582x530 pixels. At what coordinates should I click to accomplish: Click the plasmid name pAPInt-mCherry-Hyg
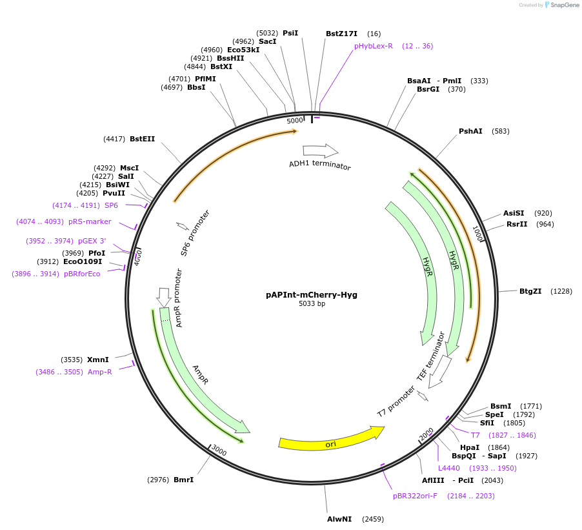click(311, 294)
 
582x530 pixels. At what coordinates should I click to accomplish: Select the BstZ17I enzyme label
click(341, 34)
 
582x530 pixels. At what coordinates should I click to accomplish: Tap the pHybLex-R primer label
click(373, 46)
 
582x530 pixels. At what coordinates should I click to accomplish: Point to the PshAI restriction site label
click(470, 131)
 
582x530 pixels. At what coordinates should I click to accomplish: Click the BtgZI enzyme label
click(530, 291)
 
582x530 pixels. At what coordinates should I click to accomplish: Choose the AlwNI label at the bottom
click(339, 519)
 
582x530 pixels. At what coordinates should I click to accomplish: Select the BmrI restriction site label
click(184, 480)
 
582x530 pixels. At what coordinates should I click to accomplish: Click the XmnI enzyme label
click(98, 360)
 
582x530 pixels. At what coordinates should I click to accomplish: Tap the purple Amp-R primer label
click(100, 372)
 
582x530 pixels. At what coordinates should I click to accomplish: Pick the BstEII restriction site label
click(142, 139)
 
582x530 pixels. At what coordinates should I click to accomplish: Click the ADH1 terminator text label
click(319, 165)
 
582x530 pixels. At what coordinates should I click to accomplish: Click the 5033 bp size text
click(312, 303)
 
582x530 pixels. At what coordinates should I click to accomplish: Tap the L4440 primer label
click(449, 468)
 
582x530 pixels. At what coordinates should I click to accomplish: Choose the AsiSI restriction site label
click(514, 213)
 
